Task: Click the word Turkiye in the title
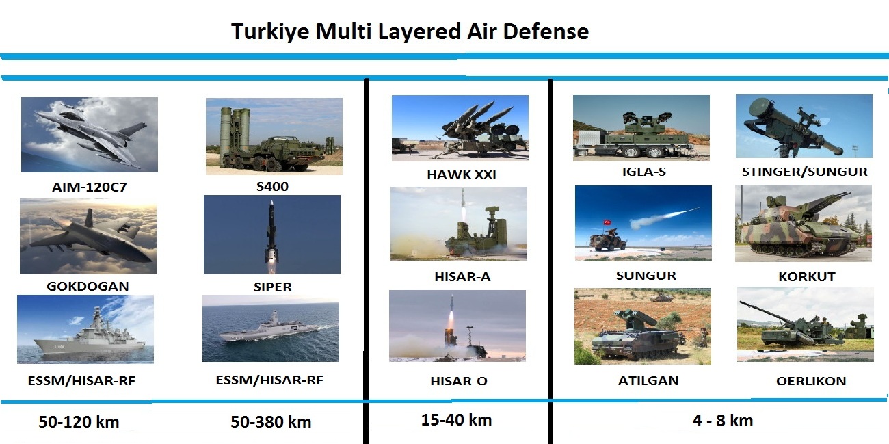pyautogui.click(x=270, y=31)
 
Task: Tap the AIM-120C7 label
pyautogui.click(x=90, y=187)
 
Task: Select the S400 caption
pyautogui.click(x=272, y=186)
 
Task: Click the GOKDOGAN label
pyautogui.click(x=88, y=287)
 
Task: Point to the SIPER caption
pyautogui.click(x=273, y=287)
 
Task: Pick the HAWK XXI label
pyautogui.click(x=462, y=174)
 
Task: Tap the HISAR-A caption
pyautogui.click(x=462, y=277)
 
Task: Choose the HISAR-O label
pyautogui.click(x=459, y=381)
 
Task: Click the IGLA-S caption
pyautogui.click(x=643, y=172)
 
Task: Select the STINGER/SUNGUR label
pyautogui.click(x=804, y=172)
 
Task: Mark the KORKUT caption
pyautogui.click(x=807, y=277)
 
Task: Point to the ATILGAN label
pyautogui.click(x=648, y=381)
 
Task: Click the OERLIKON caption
pyautogui.click(x=811, y=381)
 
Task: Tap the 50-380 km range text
pyautogui.click(x=271, y=421)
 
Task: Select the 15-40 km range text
pyautogui.click(x=456, y=420)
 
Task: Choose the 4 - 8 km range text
pyautogui.click(x=723, y=421)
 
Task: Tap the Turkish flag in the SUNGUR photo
pyautogui.click(x=607, y=222)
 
